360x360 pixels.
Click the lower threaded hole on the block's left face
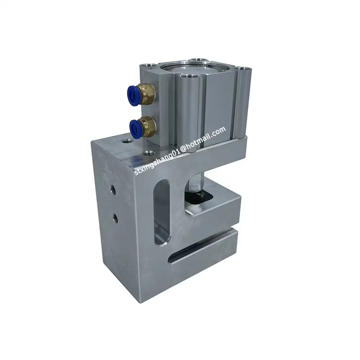(x=115, y=216)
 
